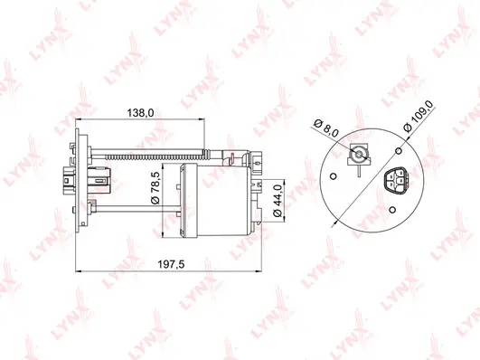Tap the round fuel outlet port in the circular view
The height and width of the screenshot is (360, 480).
(361, 153)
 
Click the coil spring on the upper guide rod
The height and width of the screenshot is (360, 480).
(227, 152)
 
